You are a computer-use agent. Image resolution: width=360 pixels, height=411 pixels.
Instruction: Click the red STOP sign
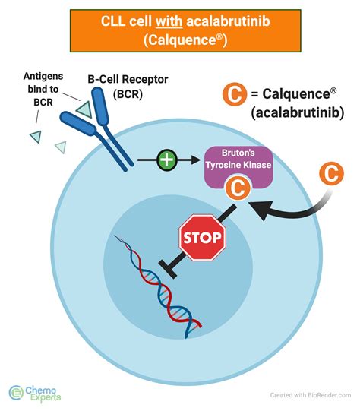201,238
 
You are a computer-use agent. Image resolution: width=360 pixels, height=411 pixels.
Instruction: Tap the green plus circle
166,160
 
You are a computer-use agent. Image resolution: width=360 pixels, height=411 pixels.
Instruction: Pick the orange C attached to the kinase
236,188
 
